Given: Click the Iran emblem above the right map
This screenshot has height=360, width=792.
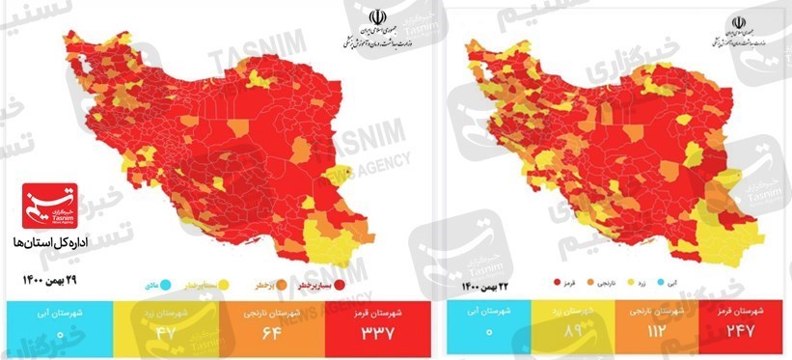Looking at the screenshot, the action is click(740, 22).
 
